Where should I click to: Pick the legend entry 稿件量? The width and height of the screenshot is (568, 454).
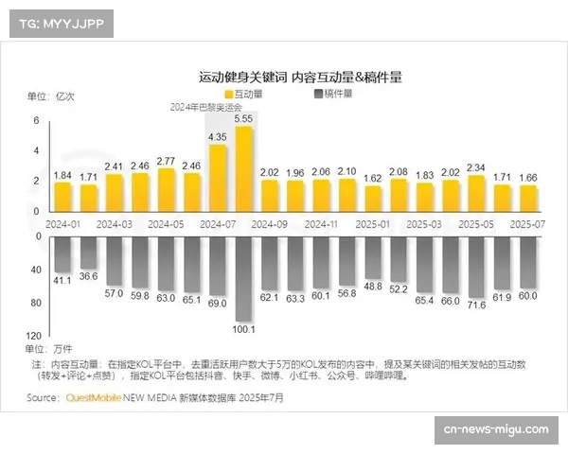click(332, 94)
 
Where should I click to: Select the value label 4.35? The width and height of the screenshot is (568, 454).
click(217, 137)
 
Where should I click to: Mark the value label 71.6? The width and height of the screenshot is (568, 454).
click(476, 306)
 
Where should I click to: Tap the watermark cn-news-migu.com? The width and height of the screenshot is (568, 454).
click(495, 429)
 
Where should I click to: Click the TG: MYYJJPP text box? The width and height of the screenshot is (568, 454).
click(61, 24)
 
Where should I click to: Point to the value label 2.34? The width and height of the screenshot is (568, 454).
click(476, 167)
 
